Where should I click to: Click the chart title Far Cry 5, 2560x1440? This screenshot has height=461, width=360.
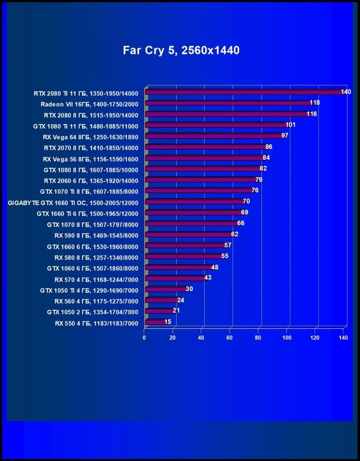tap(181, 50)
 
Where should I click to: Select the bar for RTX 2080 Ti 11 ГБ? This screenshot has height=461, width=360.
tap(244, 92)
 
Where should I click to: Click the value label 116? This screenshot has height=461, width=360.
tap(311, 114)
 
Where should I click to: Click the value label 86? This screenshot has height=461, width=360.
tap(269, 147)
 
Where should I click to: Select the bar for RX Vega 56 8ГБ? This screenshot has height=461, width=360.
tap(204, 158)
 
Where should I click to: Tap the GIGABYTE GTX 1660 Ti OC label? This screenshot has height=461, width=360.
tap(73, 202)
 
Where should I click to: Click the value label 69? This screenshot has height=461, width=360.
tap(244, 212)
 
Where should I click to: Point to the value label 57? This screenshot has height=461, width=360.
tap(227, 245)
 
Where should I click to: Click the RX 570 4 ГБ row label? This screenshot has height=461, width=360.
tap(96, 279)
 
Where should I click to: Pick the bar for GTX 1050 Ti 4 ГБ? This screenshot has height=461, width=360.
tap(166, 289)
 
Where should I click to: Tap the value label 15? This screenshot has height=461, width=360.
tap(168, 322)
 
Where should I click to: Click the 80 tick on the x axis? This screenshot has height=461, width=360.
tap(258, 338)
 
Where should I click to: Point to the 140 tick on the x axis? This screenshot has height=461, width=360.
tap(343, 338)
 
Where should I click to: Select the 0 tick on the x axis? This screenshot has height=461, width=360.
tap(144, 338)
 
